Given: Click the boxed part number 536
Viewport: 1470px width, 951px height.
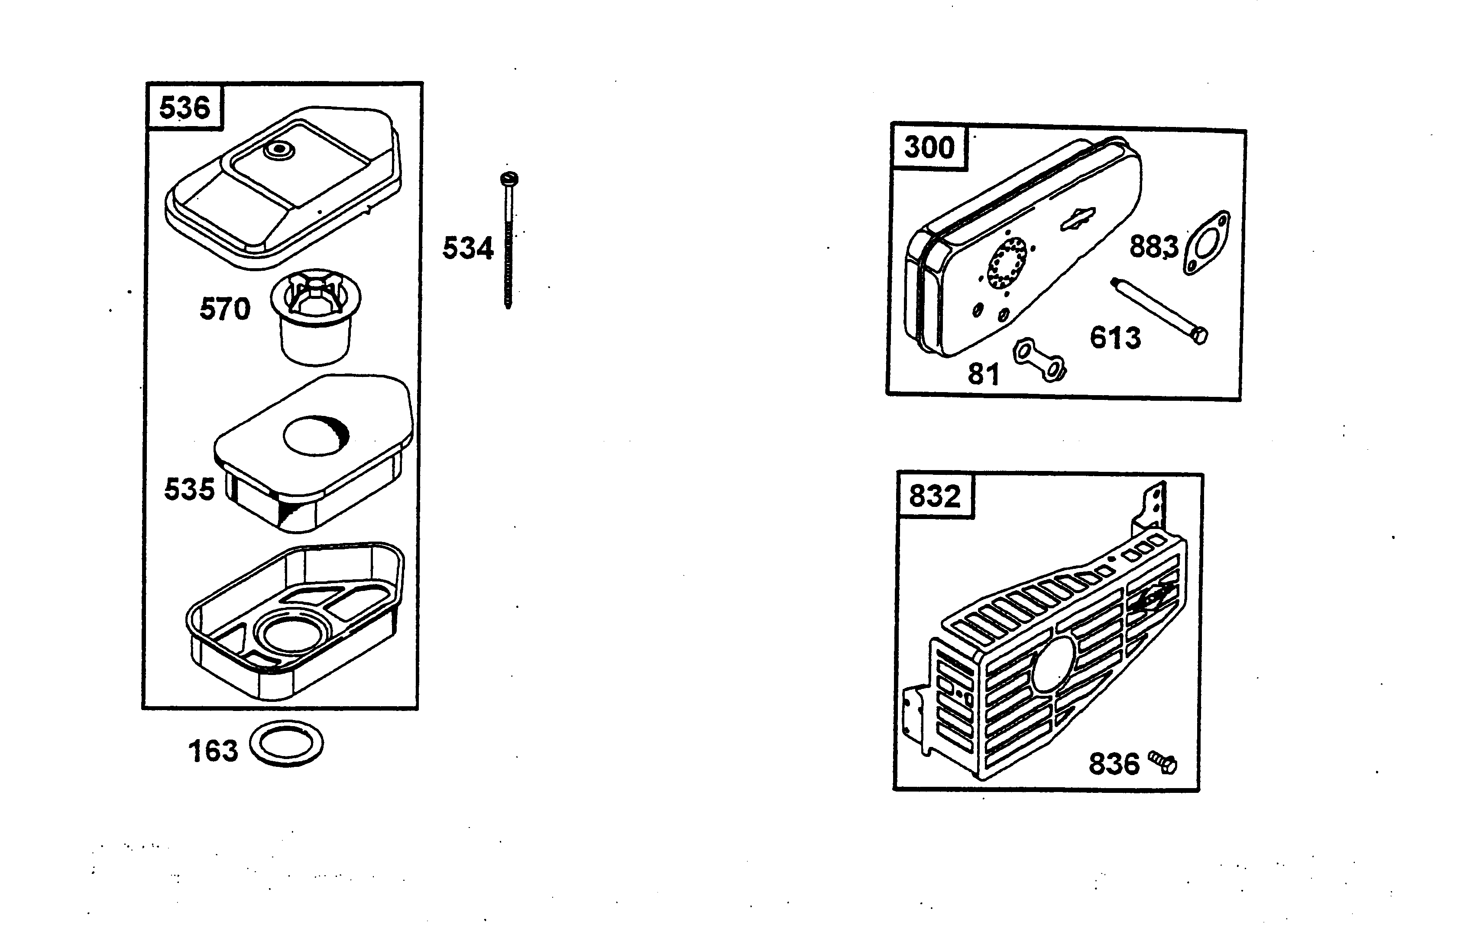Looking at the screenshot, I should [x=185, y=108].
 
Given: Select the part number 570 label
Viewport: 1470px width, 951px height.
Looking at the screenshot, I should [x=225, y=309].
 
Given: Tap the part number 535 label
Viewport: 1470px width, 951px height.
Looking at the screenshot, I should [x=189, y=490].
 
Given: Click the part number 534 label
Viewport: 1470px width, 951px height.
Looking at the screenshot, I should [x=468, y=248].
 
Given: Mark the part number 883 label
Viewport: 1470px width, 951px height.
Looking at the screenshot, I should [x=1153, y=247].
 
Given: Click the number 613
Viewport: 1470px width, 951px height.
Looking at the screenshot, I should [x=1115, y=338].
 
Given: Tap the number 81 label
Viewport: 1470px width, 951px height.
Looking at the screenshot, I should [x=983, y=374].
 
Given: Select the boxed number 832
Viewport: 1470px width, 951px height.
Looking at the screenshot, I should [x=934, y=497].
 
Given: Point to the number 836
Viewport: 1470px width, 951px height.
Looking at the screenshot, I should [x=1113, y=764].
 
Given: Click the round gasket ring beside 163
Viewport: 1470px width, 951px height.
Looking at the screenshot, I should [x=286, y=743].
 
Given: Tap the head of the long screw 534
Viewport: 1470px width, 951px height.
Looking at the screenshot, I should [x=509, y=179].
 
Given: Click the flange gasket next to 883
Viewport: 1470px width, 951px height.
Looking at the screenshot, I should [x=1206, y=243].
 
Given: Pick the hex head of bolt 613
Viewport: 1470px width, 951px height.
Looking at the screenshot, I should [x=1200, y=336].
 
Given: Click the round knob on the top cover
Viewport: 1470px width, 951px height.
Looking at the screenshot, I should [x=276, y=149].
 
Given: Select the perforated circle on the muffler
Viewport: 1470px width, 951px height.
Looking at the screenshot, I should [x=1007, y=265].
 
